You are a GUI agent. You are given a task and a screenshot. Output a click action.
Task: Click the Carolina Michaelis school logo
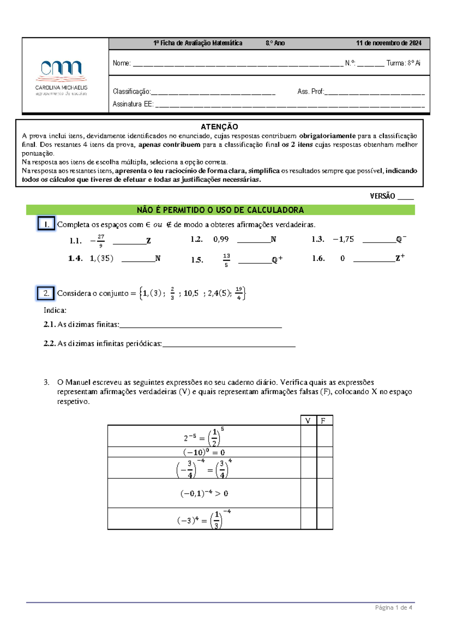point(61,77)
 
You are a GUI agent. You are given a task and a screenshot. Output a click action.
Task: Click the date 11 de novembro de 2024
point(389,43)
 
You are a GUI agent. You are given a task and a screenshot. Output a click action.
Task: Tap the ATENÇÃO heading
point(219,127)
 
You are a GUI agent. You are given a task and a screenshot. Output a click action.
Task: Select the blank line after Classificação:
point(213,93)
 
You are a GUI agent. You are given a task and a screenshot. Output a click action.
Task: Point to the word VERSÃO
point(382,196)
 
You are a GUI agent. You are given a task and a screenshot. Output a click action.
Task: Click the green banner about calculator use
point(220,210)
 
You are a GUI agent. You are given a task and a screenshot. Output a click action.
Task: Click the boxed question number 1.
point(46,224)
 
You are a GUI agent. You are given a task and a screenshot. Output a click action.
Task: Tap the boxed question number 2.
point(46,293)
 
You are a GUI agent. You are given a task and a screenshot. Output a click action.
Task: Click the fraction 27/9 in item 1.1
point(100,241)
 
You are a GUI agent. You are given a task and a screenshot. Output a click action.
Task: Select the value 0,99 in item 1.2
point(221,239)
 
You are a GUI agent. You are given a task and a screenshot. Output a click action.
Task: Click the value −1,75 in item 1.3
point(344,239)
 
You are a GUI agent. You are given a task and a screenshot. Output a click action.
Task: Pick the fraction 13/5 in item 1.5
point(226,260)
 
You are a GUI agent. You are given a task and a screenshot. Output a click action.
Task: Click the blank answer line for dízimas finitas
point(200,325)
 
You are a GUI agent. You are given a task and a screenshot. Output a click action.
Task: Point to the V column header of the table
point(308,421)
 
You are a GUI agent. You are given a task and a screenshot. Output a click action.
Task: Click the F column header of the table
point(323,421)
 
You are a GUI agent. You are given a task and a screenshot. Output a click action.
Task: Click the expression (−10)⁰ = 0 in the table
point(204,452)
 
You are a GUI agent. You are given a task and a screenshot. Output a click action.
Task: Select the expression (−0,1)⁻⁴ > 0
point(204,493)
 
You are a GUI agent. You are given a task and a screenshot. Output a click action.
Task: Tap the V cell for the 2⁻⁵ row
point(308,436)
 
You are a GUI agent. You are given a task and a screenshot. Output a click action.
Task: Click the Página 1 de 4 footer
point(393,607)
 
